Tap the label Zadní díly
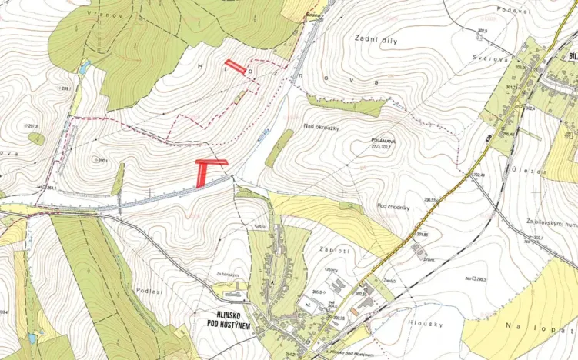[x=376, y=39]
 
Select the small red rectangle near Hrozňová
[x=235, y=67]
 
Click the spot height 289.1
[x=66, y=89]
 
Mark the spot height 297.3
[x=32, y=125]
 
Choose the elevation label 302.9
[x=483, y=31]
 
